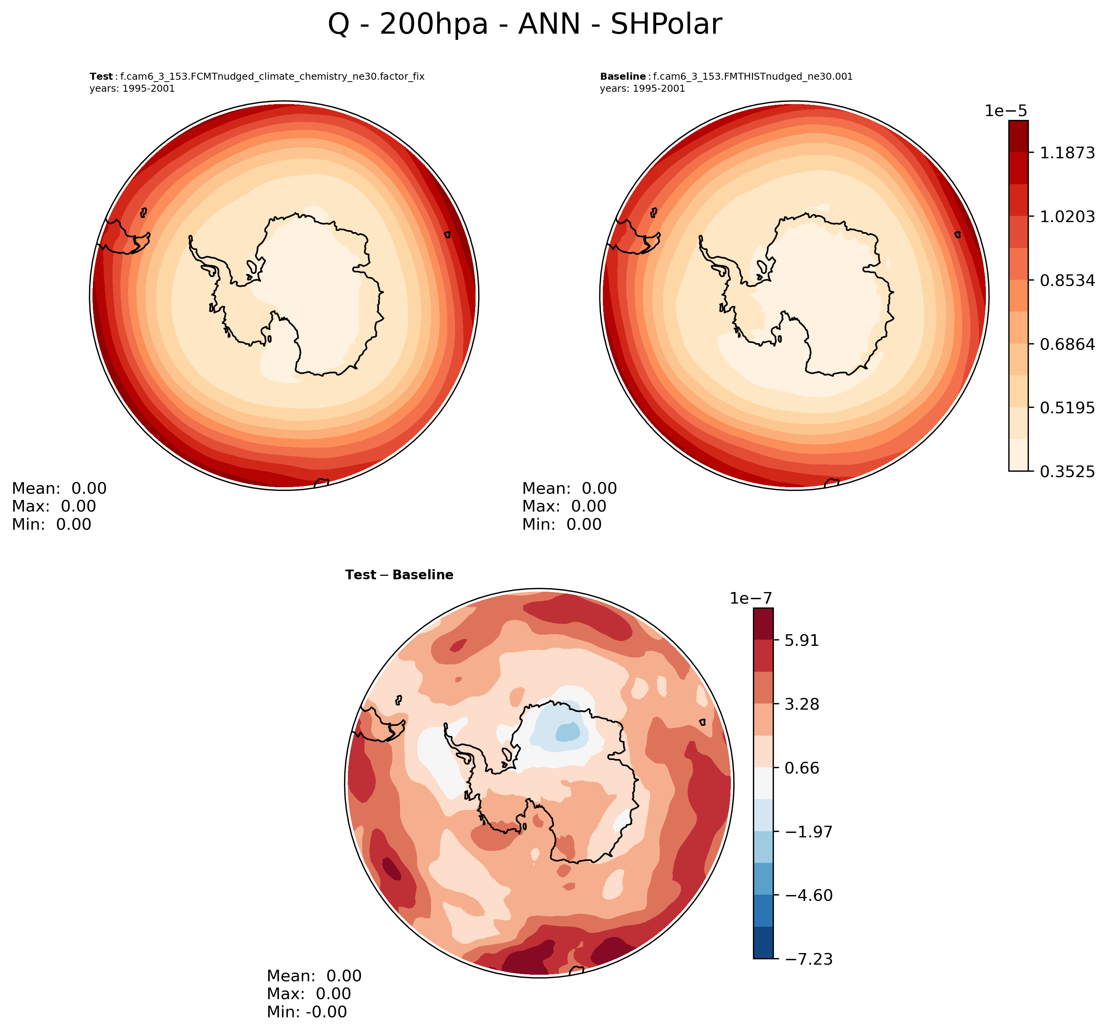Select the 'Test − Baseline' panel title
[x=399, y=575]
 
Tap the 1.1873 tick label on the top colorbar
[x=1067, y=152]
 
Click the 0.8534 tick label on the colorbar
[x=1067, y=280]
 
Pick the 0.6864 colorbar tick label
[x=1067, y=344]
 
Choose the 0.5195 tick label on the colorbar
[x=1067, y=408]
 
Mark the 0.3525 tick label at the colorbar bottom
[x=1067, y=472]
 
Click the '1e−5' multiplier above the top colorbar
[x=1006, y=111]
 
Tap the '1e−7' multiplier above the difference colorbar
[x=751, y=599]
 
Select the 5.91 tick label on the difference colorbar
[x=801, y=640]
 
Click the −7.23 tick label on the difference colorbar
[x=809, y=959]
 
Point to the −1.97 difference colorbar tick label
[x=809, y=832]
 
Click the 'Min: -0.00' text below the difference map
[x=306, y=1012]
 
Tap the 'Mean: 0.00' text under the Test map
[x=59, y=488]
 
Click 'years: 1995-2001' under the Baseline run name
[x=642, y=89]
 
